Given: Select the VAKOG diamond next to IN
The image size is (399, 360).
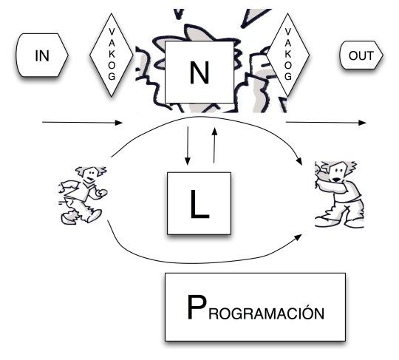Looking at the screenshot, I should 111,54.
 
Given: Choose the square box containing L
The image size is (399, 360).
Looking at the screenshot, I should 199,200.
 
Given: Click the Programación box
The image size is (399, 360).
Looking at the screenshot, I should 255,307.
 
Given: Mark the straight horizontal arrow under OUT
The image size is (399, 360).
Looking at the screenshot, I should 325,121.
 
